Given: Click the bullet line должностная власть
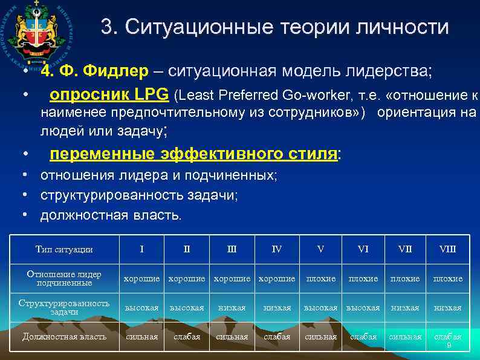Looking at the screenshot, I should point(111,215).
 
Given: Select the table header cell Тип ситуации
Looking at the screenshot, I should point(63,249).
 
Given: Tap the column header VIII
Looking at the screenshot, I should point(448,249).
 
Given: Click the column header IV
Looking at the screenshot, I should point(277,249).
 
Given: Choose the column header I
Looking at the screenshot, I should point(141,249).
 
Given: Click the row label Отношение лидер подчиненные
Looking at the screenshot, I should point(63,278).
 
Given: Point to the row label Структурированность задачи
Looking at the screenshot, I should point(63,307).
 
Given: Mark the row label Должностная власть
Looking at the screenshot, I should point(63,336).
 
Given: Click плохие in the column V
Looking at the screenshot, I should point(321,278).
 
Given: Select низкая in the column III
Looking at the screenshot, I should point(233,307).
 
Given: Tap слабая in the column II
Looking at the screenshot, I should point(187,336).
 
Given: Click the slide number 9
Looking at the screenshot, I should point(449,345).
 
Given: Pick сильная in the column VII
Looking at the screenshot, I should point(405,336).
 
